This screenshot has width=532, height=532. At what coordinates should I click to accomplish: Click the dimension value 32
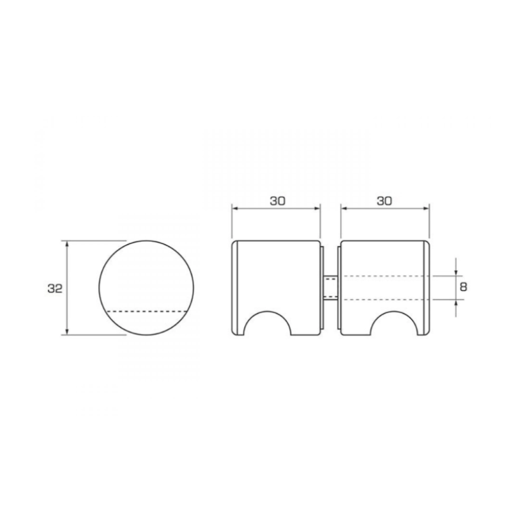point(55,288)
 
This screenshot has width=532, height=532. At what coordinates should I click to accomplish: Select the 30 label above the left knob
point(278,200)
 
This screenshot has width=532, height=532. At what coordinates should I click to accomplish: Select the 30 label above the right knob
point(384,200)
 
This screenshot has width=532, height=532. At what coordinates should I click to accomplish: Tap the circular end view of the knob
point(146,278)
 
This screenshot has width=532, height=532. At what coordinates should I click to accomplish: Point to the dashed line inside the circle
point(146,311)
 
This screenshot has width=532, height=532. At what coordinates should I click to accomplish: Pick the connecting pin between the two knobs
point(330,288)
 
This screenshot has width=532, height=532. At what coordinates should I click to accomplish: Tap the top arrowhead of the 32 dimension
point(67,244)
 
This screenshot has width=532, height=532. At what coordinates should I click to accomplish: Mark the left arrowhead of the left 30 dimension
point(235,208)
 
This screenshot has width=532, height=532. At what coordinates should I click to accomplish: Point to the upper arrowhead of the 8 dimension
point(456,273)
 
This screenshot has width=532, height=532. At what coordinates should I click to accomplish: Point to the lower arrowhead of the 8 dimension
point(456,303)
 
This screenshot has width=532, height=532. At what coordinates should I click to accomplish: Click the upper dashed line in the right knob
point(384,276)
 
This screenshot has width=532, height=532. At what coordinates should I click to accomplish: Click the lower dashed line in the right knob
point(384,300)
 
